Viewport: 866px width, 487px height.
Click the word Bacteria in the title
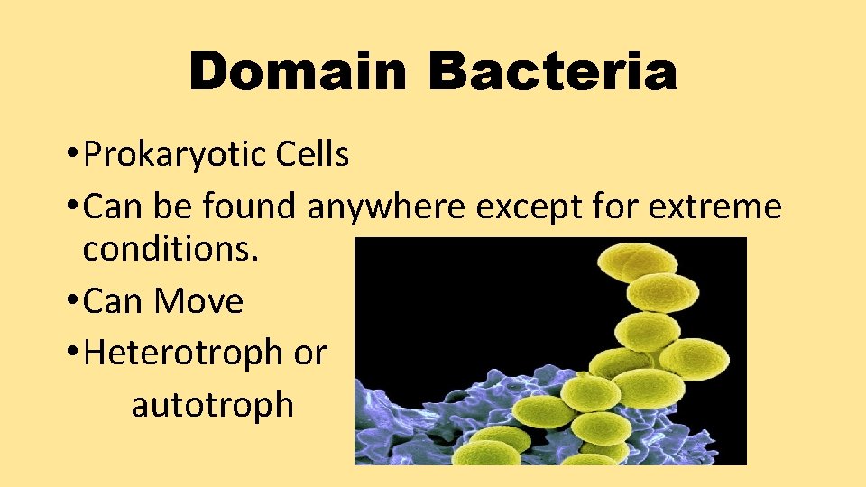[x=552, y=71]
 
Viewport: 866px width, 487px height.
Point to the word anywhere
[x=386, y=207]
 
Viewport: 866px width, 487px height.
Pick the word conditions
[x=171, y=250]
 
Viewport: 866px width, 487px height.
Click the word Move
[x=199, y=301]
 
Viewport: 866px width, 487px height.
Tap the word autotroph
[x=213, y=405]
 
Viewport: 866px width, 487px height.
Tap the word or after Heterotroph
[x=310, y=353]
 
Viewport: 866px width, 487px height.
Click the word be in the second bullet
[x=172, y=207]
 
